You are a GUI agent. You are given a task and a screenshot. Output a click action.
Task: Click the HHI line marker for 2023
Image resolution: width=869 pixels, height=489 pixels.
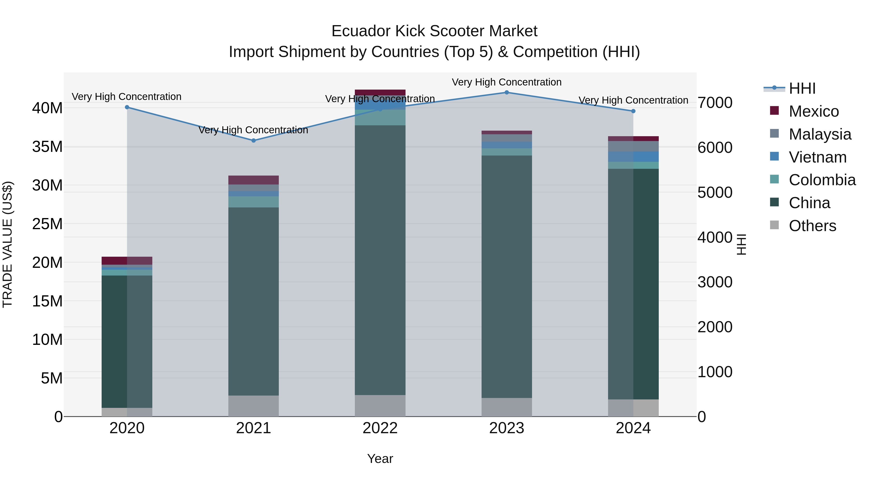click(x=506, y=92)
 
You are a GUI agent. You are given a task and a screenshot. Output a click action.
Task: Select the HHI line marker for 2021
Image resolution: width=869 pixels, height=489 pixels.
click(x=254, y=140)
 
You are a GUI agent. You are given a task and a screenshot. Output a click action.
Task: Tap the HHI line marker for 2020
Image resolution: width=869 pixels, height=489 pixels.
click(x=127, y=107)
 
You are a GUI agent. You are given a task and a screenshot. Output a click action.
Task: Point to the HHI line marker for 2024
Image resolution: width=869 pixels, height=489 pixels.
click(x=633, y=111)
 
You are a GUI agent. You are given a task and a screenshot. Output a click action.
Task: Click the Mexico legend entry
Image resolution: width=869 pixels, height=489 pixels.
click(x=813, y=111)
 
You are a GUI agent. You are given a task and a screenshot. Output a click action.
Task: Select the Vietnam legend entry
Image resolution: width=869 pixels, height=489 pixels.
click(x=817, y=157)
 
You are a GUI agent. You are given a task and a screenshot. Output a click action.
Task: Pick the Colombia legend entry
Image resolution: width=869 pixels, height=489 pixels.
click(x=822, y=180)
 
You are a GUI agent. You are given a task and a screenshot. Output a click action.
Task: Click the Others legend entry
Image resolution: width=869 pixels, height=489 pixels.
click(x=812, y=226)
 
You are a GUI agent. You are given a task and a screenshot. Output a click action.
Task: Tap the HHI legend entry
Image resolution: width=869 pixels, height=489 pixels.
click(x=802, y=88)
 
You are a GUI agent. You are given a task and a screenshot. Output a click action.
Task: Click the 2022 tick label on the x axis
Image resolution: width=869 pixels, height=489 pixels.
click(x=380, y=428)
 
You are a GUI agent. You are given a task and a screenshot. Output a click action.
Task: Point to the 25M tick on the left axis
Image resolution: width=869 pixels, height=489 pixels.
click(x=47, y=224)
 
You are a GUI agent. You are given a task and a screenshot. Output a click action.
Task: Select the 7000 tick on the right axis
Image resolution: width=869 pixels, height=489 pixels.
click(x=715, y=103)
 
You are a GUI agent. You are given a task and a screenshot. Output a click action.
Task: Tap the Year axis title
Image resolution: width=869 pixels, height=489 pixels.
click(x=380, y=459)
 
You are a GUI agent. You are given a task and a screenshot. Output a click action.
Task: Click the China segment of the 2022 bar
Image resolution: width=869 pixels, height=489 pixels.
click(x=380, y=260)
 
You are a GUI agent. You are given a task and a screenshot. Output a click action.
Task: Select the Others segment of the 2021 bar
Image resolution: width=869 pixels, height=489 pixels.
click(x=254, y=406)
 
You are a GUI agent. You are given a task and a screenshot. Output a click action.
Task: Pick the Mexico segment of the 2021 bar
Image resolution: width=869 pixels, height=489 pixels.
click(x=254, y=180)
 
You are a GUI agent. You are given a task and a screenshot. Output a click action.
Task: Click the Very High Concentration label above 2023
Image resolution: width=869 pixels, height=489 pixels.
click(x=506, y=82)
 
